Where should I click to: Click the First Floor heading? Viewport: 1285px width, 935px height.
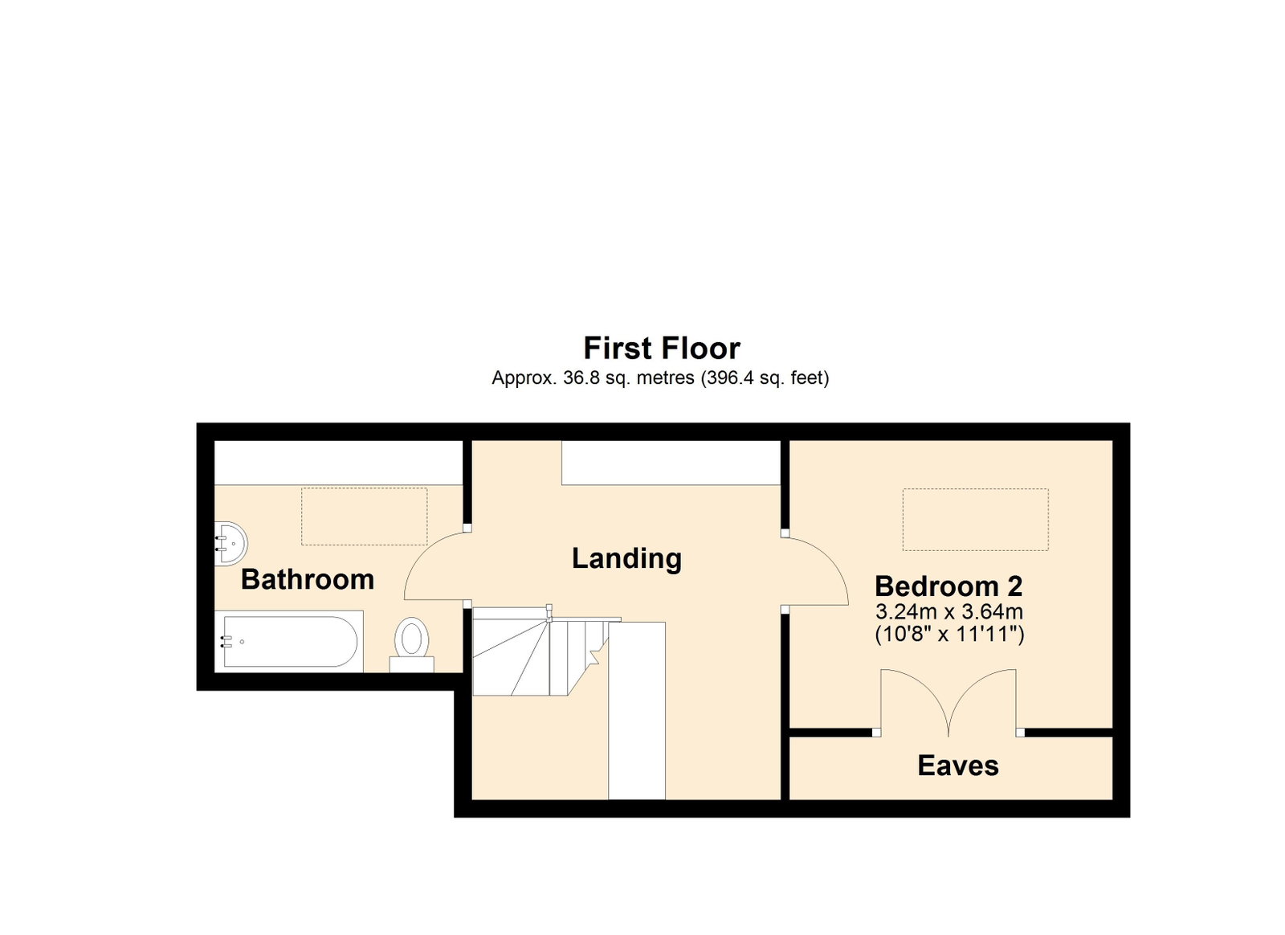point(662,348)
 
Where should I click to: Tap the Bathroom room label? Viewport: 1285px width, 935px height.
point(308,579)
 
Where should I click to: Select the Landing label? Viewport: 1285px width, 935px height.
point(626,559)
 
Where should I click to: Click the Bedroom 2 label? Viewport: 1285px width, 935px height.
point(948,586)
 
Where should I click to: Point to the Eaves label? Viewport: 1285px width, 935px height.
point(958,766)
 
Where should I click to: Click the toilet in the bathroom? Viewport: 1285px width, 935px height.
point(412,644)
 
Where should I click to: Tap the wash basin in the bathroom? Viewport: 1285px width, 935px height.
point(231,543)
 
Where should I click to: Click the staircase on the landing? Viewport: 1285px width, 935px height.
point(547,651)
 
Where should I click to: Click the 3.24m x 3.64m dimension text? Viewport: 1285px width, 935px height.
point(949,611)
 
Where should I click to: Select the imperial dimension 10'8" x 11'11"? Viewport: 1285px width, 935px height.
point(949,635)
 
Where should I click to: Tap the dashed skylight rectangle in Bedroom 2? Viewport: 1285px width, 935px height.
point(976,520)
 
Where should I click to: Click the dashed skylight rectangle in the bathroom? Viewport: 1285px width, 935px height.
point(365,516)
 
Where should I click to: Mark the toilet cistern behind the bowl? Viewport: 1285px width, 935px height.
point(412,664)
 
